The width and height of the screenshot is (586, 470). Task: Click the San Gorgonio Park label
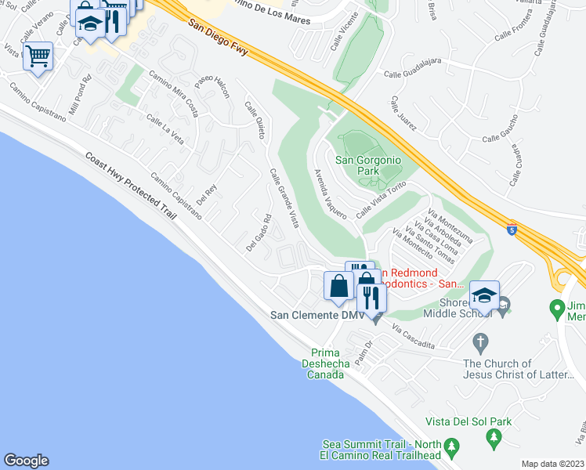coord(368,165)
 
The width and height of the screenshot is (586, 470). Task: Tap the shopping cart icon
coord(38,57)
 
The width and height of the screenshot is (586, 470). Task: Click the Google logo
coord(26,461)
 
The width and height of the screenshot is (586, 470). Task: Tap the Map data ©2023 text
coord(552,464)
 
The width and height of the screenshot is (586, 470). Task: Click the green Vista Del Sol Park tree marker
coord(494,436)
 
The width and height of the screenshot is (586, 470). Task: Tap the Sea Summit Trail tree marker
coord(451,448)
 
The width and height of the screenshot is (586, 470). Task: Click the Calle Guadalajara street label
coord(414,74)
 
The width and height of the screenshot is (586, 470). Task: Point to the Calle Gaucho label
coord(501,139)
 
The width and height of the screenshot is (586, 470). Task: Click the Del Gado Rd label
coord(259,233)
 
